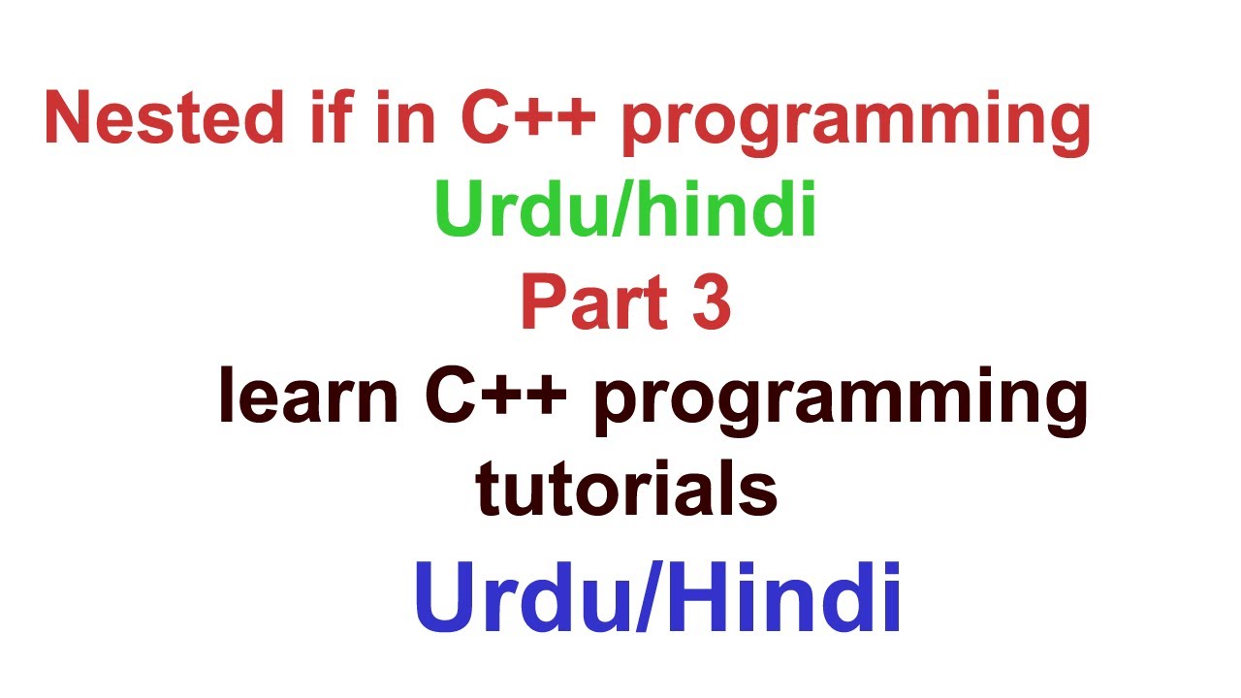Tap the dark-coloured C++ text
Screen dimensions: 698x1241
click(494, 397)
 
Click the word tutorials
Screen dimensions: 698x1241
click(626, 490)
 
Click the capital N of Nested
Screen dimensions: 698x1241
click(72, 119)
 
